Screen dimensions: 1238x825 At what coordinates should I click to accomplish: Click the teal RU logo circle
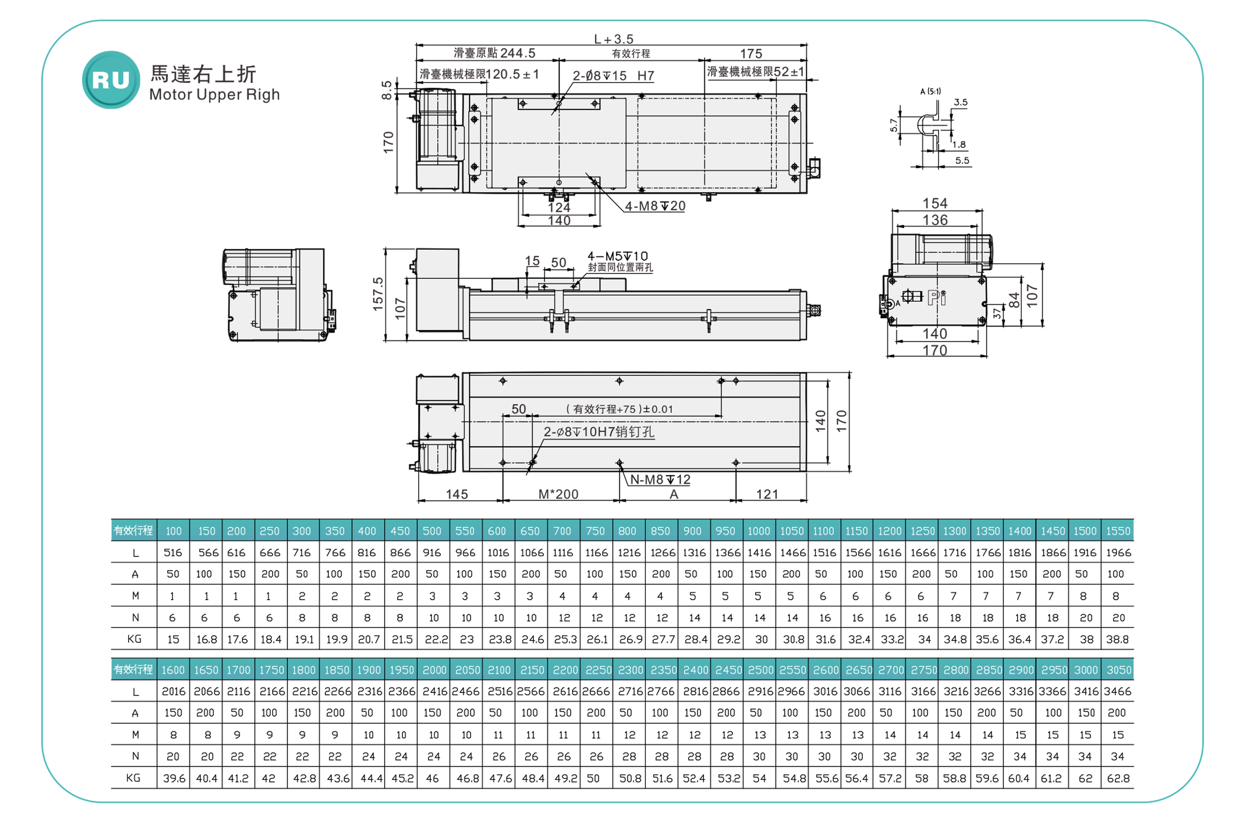point(111,80)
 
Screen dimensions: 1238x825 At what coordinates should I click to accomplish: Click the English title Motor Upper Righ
point(214,95)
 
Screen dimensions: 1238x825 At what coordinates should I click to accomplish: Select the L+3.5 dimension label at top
point(614,39)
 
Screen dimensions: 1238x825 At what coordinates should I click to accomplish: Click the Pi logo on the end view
point(937,298)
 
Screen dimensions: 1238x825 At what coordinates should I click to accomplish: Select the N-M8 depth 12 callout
point(660,479)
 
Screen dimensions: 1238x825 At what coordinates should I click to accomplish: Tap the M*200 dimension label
point(558,494)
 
